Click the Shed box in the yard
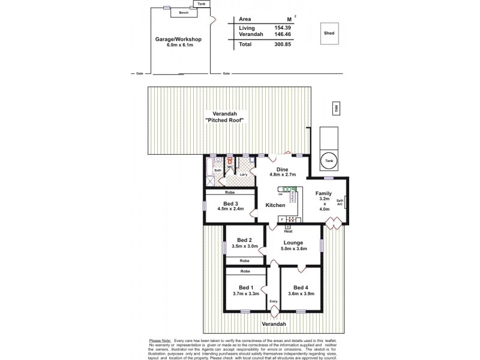click(x=329, y=34)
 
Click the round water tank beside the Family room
click(x=328, y=161)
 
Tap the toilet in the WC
click(x=230, y=161)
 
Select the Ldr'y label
click(x=244, y=175)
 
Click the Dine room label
click(x=283, y=170)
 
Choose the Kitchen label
click(x=275, y=205)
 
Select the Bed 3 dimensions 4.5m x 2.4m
click(x=230, y=209)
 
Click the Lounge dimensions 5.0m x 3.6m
click(x=294, y=249)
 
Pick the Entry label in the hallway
click(x=274, y=302)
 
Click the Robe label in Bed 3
click(x=230, y=192)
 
